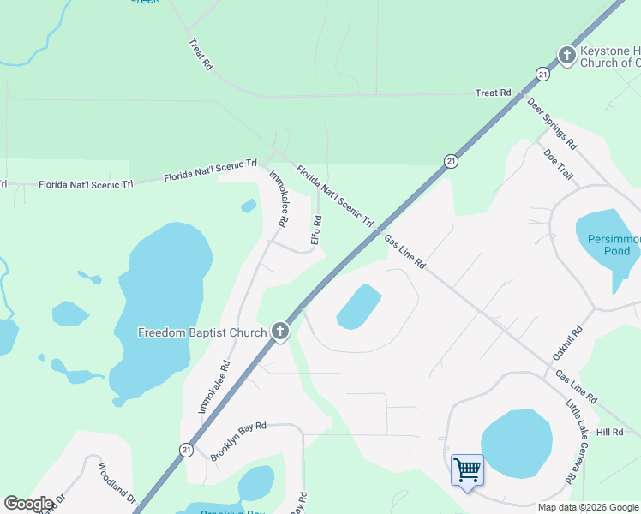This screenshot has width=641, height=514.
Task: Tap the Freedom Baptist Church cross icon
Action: click(x=280, y=332)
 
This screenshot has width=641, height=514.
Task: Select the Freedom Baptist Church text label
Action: click(x=201, y=332)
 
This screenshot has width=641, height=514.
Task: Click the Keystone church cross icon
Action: click(x=566, y=56)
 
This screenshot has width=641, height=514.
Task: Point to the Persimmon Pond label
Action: click(x=608, y=245)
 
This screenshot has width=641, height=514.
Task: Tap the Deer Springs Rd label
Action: click(x=553, y=122)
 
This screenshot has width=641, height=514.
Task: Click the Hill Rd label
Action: click(x=610, y=433)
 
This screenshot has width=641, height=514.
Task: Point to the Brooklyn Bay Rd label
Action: click(x=239, y=441)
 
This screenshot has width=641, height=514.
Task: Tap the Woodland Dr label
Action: click(x=117, y=482)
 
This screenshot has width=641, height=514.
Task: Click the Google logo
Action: click(x=28, y=504)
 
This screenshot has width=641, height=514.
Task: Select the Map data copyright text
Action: click(x=588, y=507)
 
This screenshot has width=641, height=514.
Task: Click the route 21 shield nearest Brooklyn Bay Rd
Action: click(x=186, y=449)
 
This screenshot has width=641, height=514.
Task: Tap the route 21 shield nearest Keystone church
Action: click(x=543, y=75)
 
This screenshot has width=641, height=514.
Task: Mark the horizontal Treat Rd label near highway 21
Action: click(x=494, y=93)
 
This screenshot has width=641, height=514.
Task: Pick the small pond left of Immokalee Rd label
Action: click(x=249, y=206)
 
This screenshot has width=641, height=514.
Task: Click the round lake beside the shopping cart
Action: click(x=516, y=444)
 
